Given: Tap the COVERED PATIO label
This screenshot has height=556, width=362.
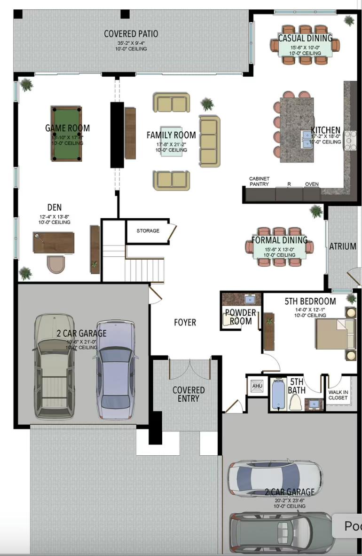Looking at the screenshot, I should click(x=131, y=34).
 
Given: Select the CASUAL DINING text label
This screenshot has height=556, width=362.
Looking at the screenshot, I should click(x=305, y=38).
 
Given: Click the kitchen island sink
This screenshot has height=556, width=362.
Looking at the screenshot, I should click(x=307, y=137).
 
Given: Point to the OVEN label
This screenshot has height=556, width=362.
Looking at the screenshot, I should click(x=312, y=184).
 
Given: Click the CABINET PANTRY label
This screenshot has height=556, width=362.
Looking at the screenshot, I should click(x=259, y=181).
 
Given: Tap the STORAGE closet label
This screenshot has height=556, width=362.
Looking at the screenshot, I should click(x=148, y=231).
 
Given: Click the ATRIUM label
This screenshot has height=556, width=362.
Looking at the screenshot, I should click(x=342, y=246).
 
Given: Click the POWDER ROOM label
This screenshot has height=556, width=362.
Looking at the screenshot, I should click(x=240, y=317).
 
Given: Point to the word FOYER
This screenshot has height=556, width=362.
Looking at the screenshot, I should click(x=185, y=322).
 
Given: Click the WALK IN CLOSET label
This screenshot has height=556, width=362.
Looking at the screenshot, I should click(x=338, y=395).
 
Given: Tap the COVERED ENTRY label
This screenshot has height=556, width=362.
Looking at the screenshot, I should click(x=189, y=394).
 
